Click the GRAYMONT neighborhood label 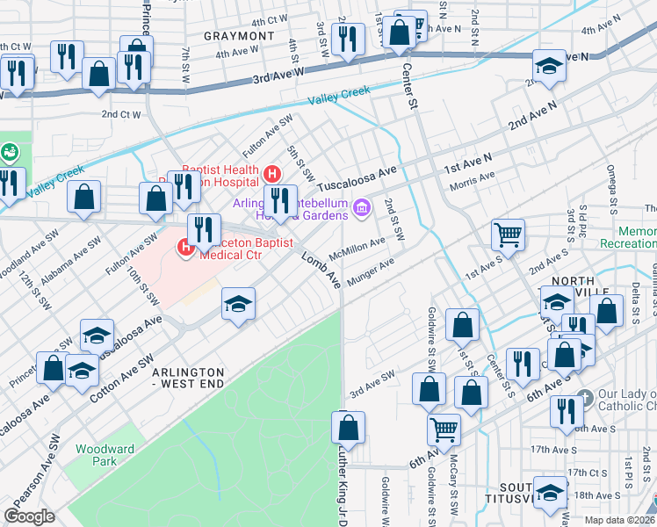(x=239, y=36)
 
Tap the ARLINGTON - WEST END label (x=188, y=379)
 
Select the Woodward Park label (x=105, y=454)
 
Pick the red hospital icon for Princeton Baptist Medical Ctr (x=186, y=248)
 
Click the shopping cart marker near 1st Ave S (x=508, y=235)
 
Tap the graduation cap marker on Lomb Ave (x=237, y=304)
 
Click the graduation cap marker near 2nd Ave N (x=549, y=67)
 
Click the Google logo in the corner (x=29, y=516)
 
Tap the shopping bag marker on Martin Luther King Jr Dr (x=349, y=428)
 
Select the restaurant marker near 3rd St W (x=349, y=40)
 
